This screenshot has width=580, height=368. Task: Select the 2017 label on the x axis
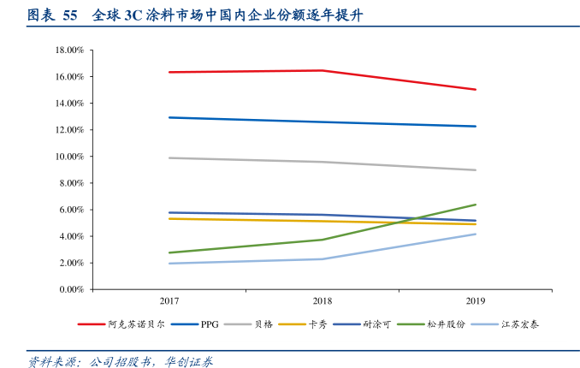click(x=169, y=301)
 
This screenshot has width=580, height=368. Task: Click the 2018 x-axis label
click(x=323, y=301)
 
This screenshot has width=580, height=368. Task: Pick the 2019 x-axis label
click(x=476, y=301)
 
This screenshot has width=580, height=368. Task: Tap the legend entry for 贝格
click(x=263, y=324)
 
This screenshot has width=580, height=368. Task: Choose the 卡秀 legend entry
click(x=318, y=324)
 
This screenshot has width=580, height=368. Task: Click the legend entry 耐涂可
click(x=377, y=324)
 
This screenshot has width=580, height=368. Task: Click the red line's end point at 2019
click(x=476, y=90)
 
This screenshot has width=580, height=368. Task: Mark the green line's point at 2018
click(x=323, y=240)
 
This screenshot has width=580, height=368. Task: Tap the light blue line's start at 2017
click(x=169, y=264)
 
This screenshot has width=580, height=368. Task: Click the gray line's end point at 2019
click(x=476, y=170)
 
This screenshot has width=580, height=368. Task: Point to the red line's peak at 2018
click(x=323, y=70)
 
